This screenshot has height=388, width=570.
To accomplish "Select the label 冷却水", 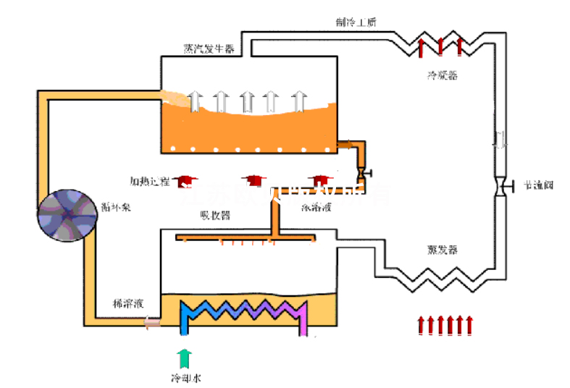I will point(185,377).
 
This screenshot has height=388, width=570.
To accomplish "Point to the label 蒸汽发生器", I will point(208,49).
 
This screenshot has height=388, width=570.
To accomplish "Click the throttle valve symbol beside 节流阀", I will point(499,185).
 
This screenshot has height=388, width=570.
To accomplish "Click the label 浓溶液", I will point(317,208).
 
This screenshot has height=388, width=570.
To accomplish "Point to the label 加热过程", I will point(149,180).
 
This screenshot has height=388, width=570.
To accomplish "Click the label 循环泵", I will point(116,207).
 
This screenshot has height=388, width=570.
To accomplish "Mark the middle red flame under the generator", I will point(253,180).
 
